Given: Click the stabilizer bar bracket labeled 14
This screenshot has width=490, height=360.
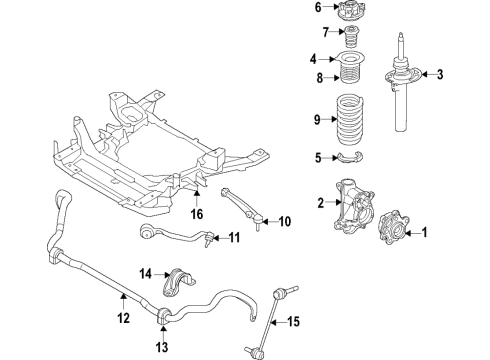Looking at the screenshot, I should (x=180, y=277).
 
